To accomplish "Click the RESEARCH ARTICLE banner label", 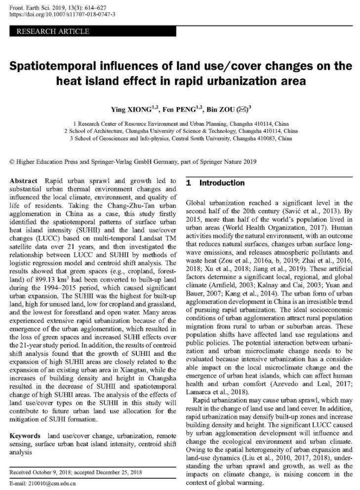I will pos(53,32).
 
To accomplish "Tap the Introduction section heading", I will pos(221,183).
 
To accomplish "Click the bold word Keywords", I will pos(25,436).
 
